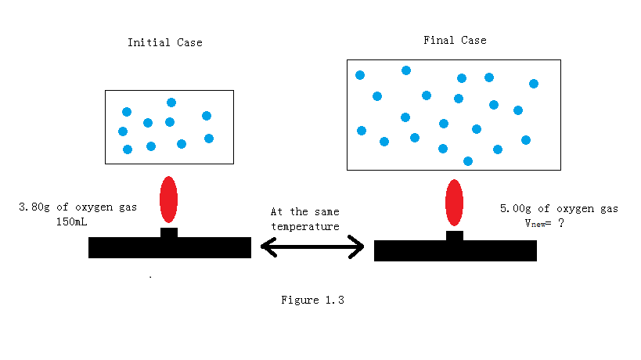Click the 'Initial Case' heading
pos(164,42)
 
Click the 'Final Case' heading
pos(455,40)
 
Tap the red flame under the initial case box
pos(168,200)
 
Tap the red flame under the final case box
pos(454,203)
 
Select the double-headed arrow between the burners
pos(312,248)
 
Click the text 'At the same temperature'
pos(305,219)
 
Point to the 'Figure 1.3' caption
pos(313,300)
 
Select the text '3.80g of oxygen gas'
pos(77,207)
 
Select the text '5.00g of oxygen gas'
pos(559,208)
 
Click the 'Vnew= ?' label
pos(545,222)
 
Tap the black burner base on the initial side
pos(169,247)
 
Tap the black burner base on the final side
pos(456,250)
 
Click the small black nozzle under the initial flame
pos(169,232)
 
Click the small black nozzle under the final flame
pos(455,235)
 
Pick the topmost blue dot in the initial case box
pos(171,103)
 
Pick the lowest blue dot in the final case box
pos(468,161)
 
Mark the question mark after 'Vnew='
pos(561,222)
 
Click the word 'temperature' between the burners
pos(305,227)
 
